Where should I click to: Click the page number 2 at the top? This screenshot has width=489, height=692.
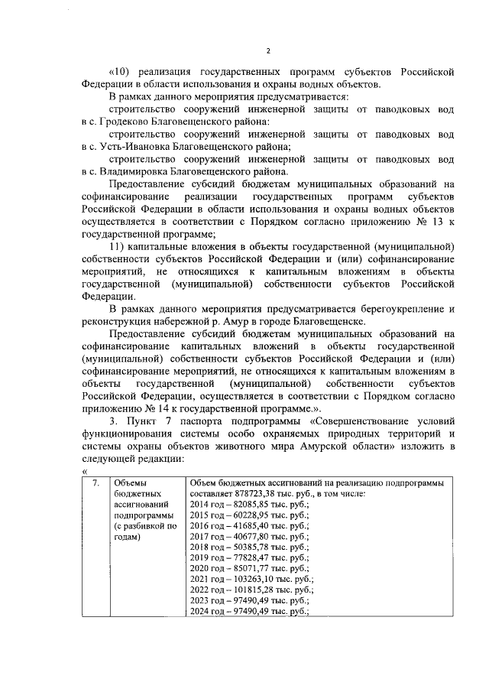point(268,50)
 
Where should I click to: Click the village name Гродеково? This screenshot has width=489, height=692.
point(128,122)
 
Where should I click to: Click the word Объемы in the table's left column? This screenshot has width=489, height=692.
point(130,483)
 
